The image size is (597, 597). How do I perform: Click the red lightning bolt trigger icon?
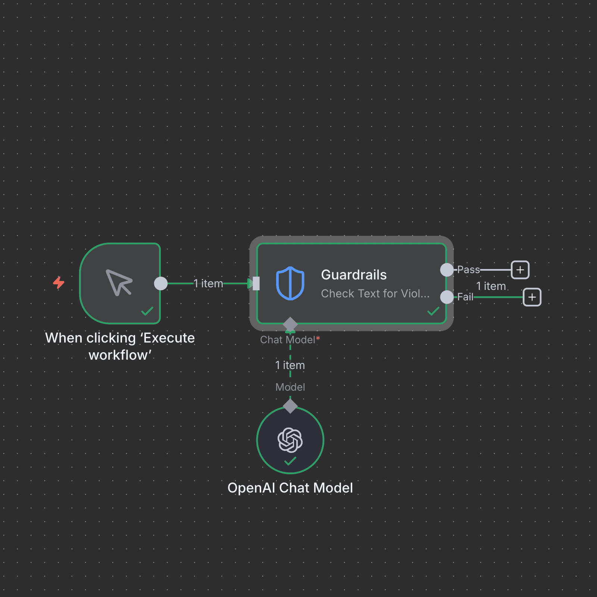59,282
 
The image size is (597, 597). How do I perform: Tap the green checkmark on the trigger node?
147,311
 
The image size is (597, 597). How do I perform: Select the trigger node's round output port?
161,284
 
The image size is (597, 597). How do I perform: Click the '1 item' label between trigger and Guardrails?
208,284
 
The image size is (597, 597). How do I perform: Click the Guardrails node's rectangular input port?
256,284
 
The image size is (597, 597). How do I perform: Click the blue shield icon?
290,283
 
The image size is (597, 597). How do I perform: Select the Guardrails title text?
354,275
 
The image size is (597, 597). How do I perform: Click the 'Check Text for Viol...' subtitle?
375,294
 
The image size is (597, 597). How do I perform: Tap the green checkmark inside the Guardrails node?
433,311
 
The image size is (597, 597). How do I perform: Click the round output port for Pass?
447,270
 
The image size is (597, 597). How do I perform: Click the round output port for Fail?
447,297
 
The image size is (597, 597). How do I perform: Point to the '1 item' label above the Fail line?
491,286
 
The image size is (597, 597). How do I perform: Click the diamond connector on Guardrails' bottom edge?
290,324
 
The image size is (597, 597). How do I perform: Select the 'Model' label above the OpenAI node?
290,387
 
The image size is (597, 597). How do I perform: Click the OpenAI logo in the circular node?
290,440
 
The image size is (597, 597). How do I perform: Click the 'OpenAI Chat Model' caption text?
290,488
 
